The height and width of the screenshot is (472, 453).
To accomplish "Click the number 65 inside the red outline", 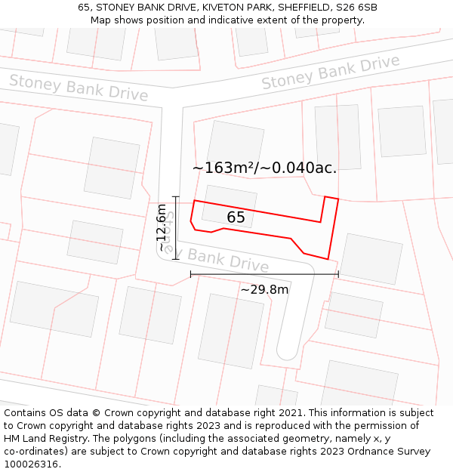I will pos(236,217).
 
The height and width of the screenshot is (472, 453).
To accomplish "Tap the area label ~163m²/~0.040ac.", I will pos(264,168).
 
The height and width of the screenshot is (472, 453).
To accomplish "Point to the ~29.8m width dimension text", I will pos(264,289).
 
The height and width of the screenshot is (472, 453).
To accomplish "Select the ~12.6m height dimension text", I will pos(162,227).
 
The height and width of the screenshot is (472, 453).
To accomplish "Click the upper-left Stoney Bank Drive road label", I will pos(79,87).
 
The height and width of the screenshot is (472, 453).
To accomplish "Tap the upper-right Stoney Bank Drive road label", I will pos(331,72).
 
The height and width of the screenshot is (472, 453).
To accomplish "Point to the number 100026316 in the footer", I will pos(29,464).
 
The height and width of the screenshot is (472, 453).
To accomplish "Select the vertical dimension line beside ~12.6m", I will pos(175,227).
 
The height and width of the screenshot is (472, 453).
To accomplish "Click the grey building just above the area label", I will pos(236,143).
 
